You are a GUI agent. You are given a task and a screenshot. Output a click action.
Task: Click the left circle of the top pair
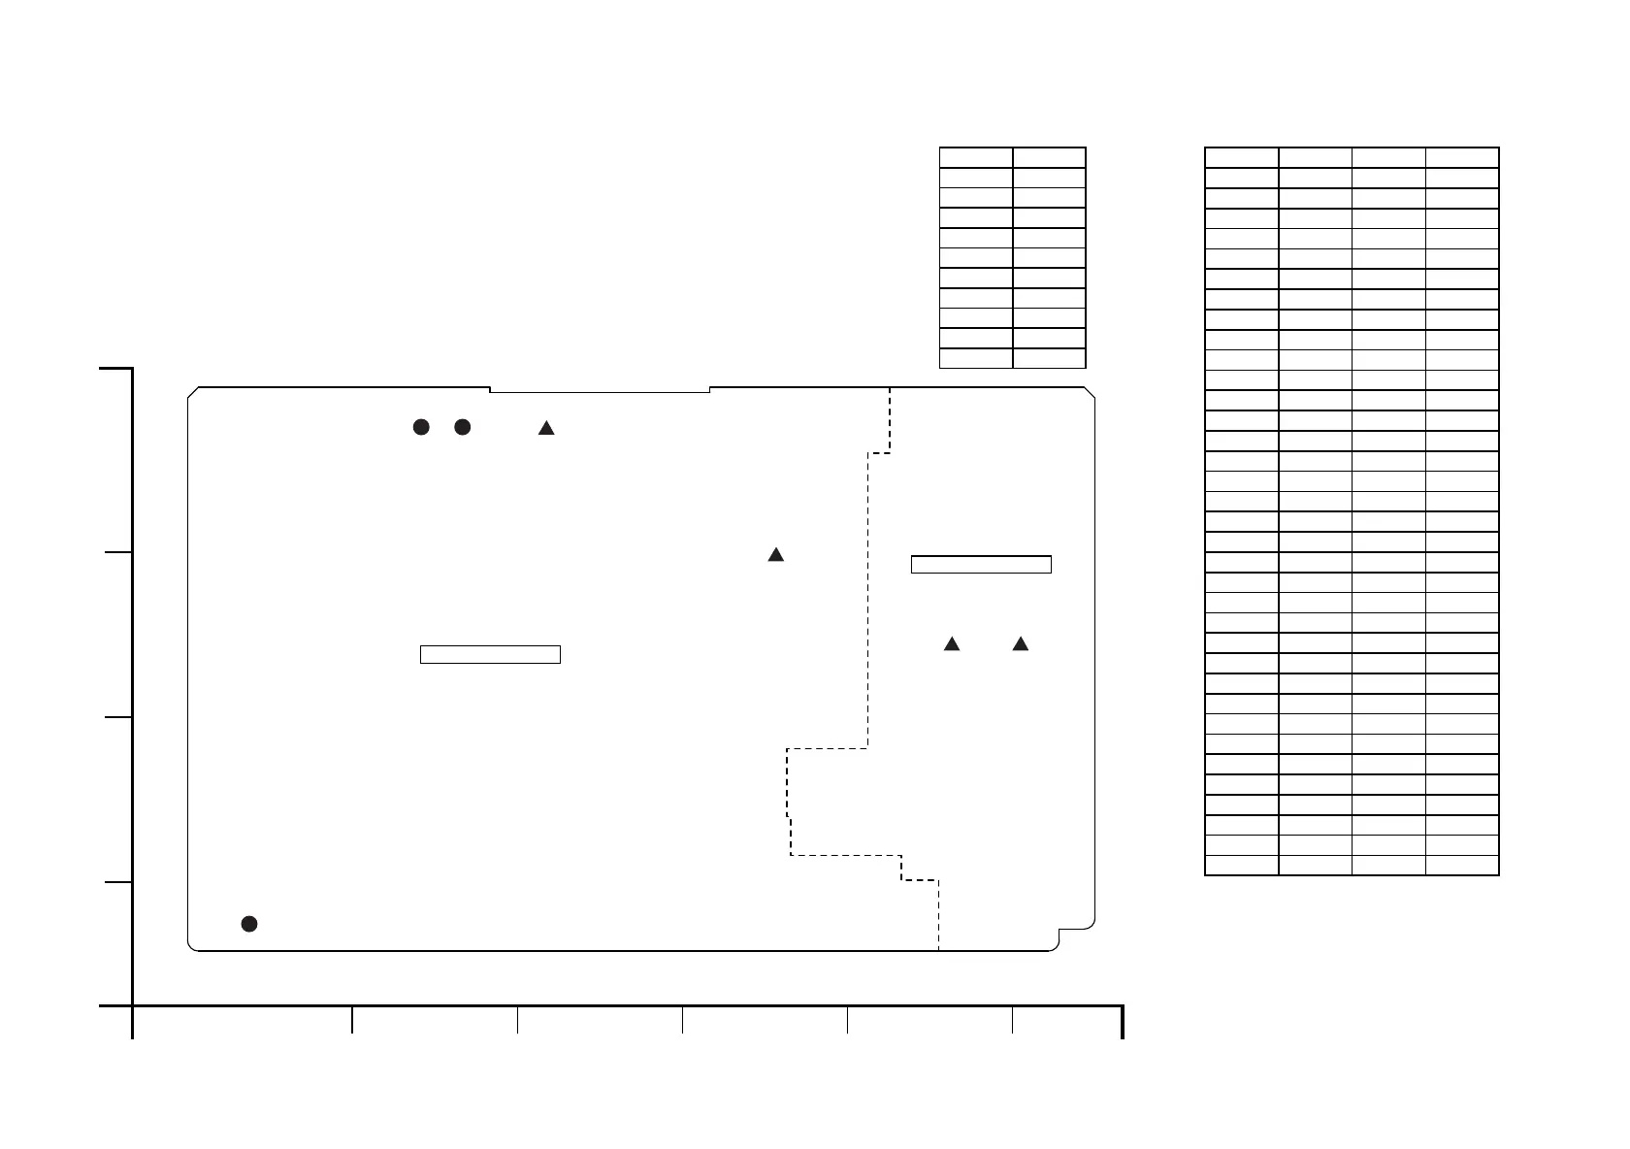pos(421,427)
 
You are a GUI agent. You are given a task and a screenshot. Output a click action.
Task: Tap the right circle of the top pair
pos(463,427)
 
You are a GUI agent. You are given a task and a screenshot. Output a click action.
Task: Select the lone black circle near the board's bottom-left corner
pos(249,923)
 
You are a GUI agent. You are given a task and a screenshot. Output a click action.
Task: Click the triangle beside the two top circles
pos(546,428)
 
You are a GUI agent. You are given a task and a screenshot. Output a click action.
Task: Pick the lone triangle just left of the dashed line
pos(776,555)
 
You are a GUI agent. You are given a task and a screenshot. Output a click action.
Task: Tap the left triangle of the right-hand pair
pos(952,643)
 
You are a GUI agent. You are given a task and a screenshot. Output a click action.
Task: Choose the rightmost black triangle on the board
pos(1020,643)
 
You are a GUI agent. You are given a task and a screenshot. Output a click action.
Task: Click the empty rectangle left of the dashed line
pos(490,654)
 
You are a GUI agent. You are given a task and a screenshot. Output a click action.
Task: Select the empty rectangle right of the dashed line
pos(981,565)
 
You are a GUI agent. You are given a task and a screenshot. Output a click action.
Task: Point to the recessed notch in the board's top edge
pos(600,390)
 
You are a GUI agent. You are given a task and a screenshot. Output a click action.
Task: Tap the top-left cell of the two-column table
pos(976,158)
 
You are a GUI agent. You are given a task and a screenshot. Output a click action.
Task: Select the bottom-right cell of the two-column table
pos(1049,358)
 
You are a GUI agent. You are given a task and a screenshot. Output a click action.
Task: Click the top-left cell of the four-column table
pos(1242,158)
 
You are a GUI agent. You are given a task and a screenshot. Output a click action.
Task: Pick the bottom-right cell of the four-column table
pos(1462,865)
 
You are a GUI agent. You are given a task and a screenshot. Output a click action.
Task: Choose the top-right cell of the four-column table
pos(1462,158)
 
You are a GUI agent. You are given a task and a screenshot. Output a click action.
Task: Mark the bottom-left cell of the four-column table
pos(1242,865)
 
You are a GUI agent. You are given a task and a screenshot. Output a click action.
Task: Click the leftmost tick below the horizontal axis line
pos(132,1023)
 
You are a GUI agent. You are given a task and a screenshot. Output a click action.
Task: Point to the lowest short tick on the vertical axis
pos(116,882)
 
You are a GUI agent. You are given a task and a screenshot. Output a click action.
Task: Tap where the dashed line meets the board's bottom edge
pos(938,950)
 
